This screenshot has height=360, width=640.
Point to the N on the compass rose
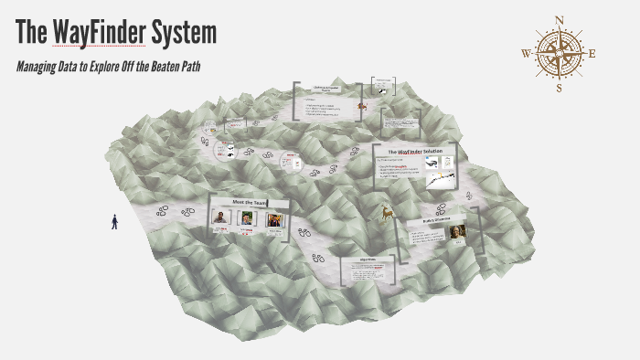pos(560,19)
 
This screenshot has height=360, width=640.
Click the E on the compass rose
pos(593,53)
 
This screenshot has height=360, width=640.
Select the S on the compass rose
pos(560,89)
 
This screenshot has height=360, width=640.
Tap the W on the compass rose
pos(525,53)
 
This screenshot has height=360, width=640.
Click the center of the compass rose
pos(560,53)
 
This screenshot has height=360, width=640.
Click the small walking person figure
pos(114,221)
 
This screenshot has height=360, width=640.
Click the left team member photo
pos(220,217)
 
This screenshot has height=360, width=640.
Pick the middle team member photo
pos(247,218)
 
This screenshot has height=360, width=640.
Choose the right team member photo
pos(273,218)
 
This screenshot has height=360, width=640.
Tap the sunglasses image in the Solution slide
pos(429,163)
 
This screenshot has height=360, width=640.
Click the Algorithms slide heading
pos(365,260)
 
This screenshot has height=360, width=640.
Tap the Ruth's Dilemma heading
pos(431,221)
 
